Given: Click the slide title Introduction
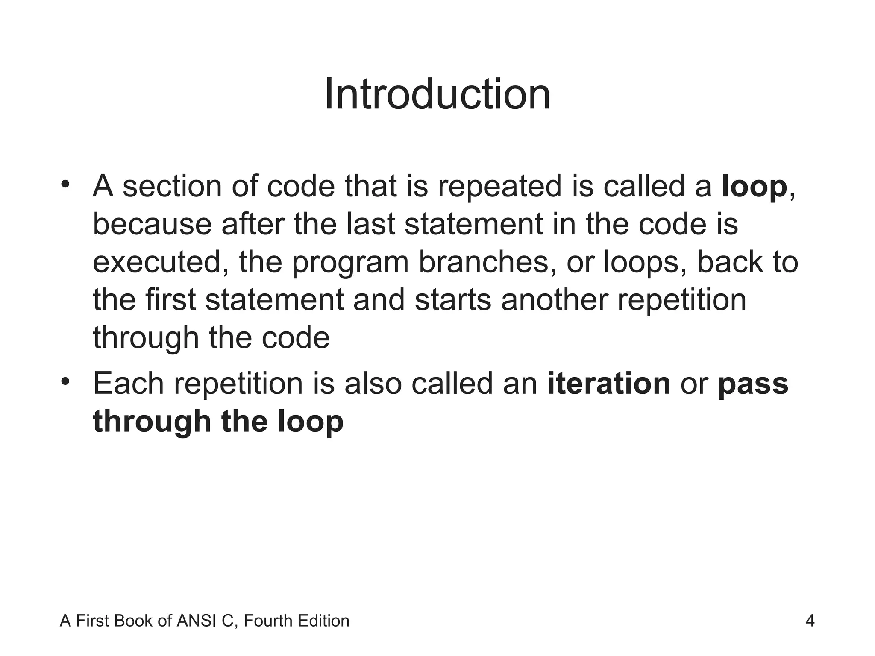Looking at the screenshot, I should pyautogui.click(x=437, y=94).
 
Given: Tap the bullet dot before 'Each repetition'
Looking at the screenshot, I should pyautogui.click(x=65, y=381).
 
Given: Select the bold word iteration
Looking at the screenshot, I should pyautogui.click(x=609, y=384).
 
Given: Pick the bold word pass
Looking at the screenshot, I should pyautogui.click(x=753, y=384).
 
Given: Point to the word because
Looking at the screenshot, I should pyautogui.click(x=152, y=225).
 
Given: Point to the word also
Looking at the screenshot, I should pyautogui.click(x=373, y=384).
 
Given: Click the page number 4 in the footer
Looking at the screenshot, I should pyautogui.click(x=810, y=621).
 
